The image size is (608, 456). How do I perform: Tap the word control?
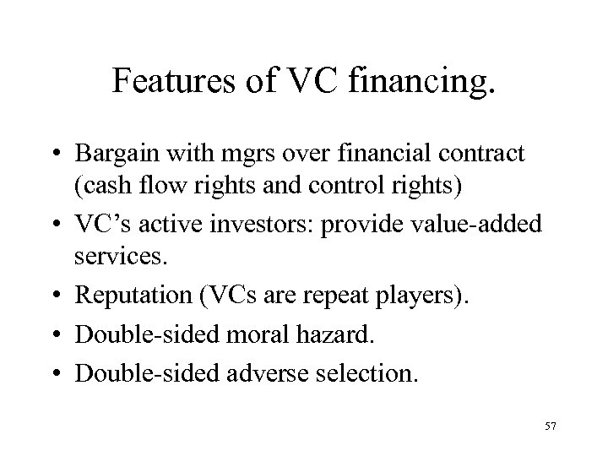pyautogui.click(x=324, y=186)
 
